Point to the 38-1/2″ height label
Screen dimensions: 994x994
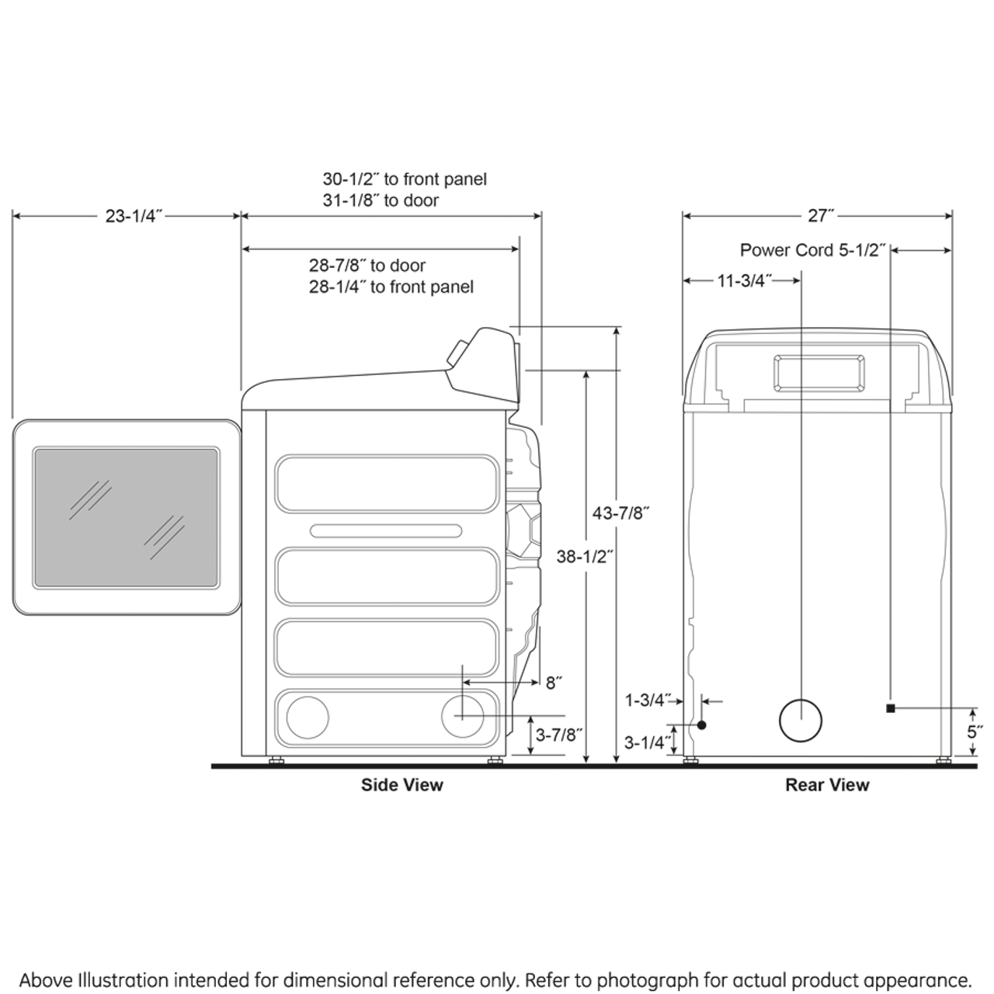click(x=586, y=556)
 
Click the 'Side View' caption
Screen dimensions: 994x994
click(x=401, y=785)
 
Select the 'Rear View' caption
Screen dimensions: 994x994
click(x=827, y=785)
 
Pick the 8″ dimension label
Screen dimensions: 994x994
click(x=554, y=683)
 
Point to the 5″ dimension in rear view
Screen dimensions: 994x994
click(x=975, y=732)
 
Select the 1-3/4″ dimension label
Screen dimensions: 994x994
click(x=648, y=700)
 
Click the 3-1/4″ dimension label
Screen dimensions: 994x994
click(x=648, y=742)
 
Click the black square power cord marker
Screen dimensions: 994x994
click(x=891, y=707)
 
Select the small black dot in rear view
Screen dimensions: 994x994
click(x=701, y=725)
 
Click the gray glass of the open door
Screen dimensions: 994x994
click(x=126, y=517)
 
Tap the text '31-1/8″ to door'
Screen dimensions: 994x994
click(x=381, y=200)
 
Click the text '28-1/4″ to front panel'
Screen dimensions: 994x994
click(x=391, y=287)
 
